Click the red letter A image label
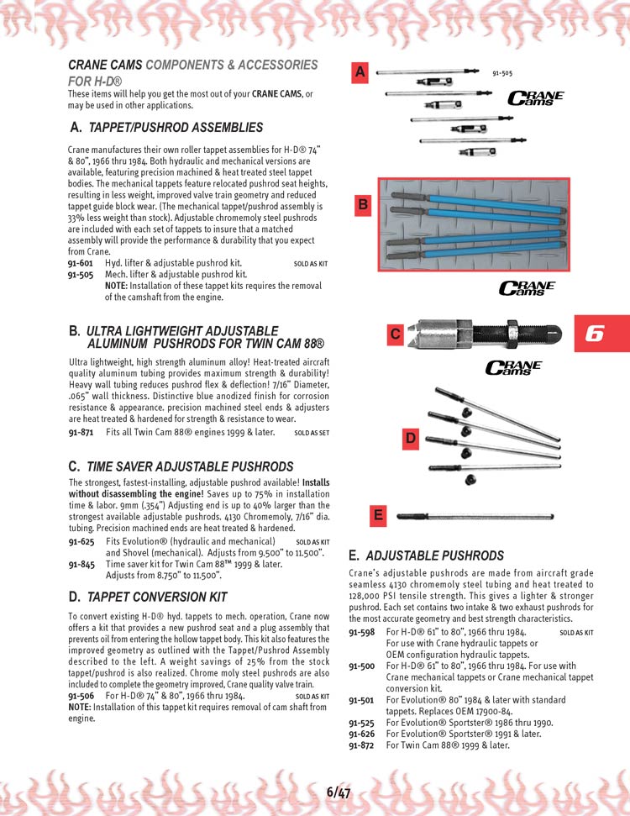pyautogui.click(x=360, y=73)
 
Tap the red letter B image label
pyautogui.click(x=363, y=204)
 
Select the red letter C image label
pyautogui.click(x=395, y=334)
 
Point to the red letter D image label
pyautogui.click(x=410, y=437)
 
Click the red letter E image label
pyautogui.click(x=378, y=516)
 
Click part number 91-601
pyautogui.click(x=80, y=263)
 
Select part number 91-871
pyautogui.click(x=80, y=433)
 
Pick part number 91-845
pyautogui.click(x=80, y=565)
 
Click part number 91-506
pyautogui.click(x=80, y=697)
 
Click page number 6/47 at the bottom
pyautogui.click(x=339, y=792)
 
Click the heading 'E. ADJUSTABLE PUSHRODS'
pyautogui.click(x=426, y=556)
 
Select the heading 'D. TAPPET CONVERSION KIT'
pyautogui.click(x=148, y=598)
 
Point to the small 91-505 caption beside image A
pyautogui.click(x=502, y=73)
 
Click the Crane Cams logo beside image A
pyautogui.click(x=535, y=99)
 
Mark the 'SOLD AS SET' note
pyautogui.click(x=312, y=434)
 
